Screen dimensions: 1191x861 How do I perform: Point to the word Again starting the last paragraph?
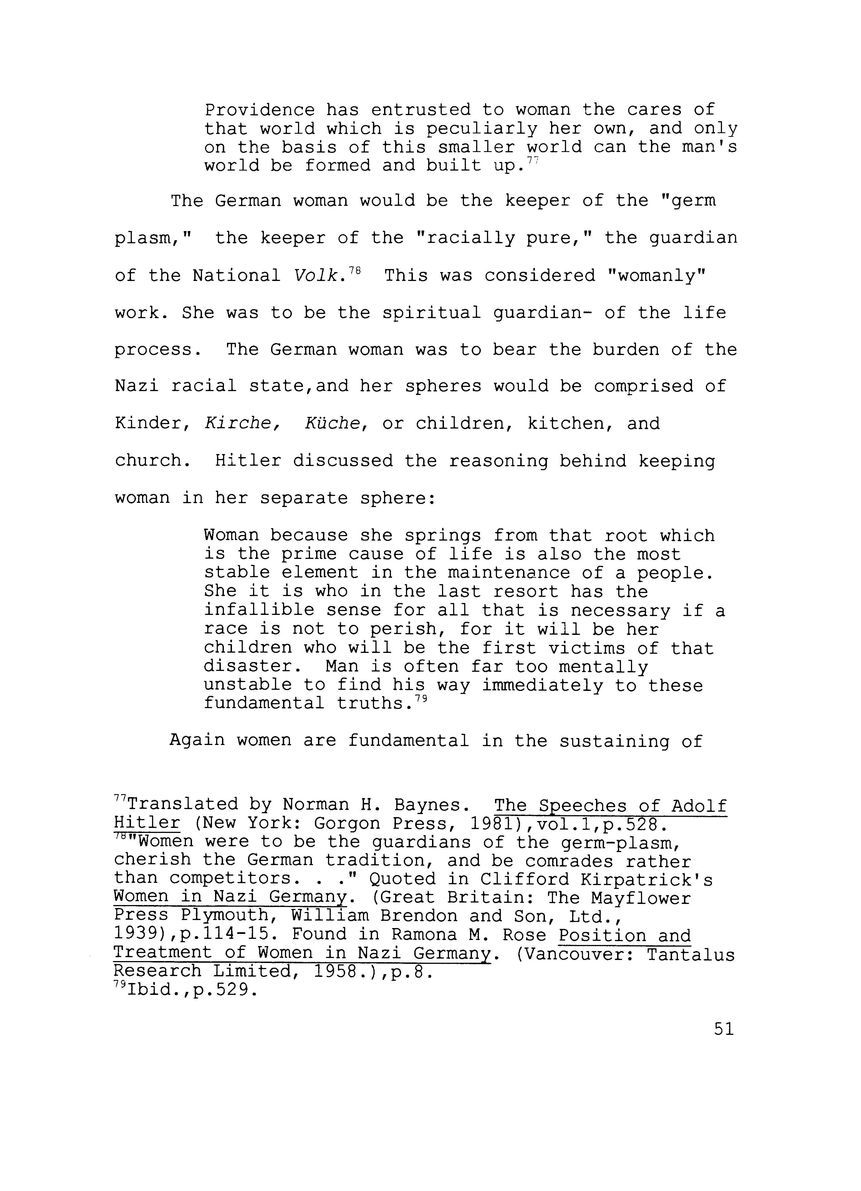197,741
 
